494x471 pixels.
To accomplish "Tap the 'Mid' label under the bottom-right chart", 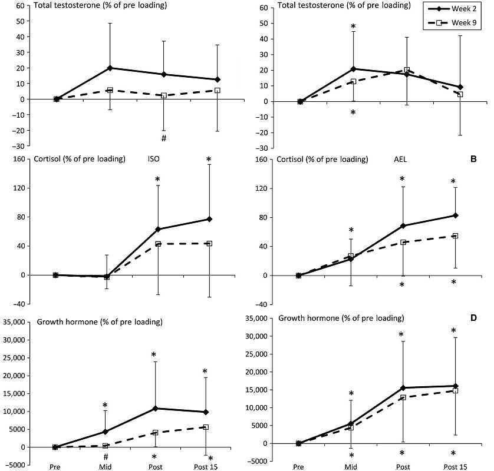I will click(351, 466).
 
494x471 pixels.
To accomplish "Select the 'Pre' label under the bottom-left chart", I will click(55, 466).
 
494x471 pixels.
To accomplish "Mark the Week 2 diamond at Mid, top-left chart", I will click(110, 68).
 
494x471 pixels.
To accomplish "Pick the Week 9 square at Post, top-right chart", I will click(407, 70).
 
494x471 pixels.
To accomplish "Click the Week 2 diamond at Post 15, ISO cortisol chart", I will click(209, 219).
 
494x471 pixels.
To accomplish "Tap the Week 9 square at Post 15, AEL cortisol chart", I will click(455, 236).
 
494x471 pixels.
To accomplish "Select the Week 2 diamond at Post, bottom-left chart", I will click(156, 408).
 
